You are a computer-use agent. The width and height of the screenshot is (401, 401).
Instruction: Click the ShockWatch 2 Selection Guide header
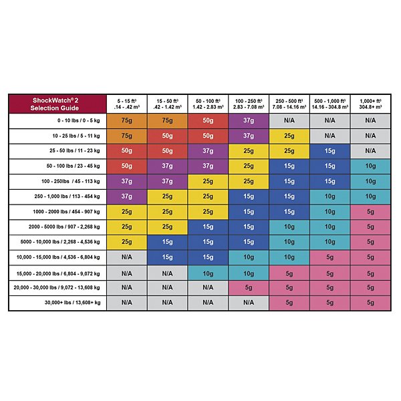coord(57,104)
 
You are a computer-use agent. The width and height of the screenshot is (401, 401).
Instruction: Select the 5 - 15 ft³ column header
coord(126,104)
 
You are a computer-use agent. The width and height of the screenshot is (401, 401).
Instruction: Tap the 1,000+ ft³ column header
coord(370,104)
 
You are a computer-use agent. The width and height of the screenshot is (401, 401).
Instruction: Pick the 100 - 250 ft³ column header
coord(248,104)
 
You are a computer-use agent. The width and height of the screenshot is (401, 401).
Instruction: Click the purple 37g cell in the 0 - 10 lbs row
coord(248,120)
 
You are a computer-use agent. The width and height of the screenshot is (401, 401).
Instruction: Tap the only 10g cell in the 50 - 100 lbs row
coord(370,166)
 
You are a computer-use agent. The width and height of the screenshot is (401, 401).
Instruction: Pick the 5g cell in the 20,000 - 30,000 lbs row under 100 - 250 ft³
coord(248,287)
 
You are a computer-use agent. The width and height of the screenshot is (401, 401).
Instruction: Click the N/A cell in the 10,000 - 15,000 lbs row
coord(126,256)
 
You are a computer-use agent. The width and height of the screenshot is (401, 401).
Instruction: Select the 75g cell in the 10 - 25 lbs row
coord(126,135)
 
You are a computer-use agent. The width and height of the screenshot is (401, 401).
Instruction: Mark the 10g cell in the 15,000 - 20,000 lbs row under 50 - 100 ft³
coord(207,271)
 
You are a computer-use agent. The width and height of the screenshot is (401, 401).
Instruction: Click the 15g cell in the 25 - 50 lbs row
coord(329,150)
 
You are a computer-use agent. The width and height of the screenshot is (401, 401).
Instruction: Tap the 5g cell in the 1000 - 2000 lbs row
coord(370,211)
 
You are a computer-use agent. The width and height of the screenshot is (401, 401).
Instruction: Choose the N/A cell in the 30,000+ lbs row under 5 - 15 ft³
coord(126,301)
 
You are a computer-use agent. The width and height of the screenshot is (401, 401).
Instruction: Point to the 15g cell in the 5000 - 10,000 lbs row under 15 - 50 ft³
coord(167,241)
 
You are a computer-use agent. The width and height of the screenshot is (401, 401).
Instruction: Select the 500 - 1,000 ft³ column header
coord(329,104)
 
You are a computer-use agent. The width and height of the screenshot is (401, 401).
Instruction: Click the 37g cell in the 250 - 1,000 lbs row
coord(126,196)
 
